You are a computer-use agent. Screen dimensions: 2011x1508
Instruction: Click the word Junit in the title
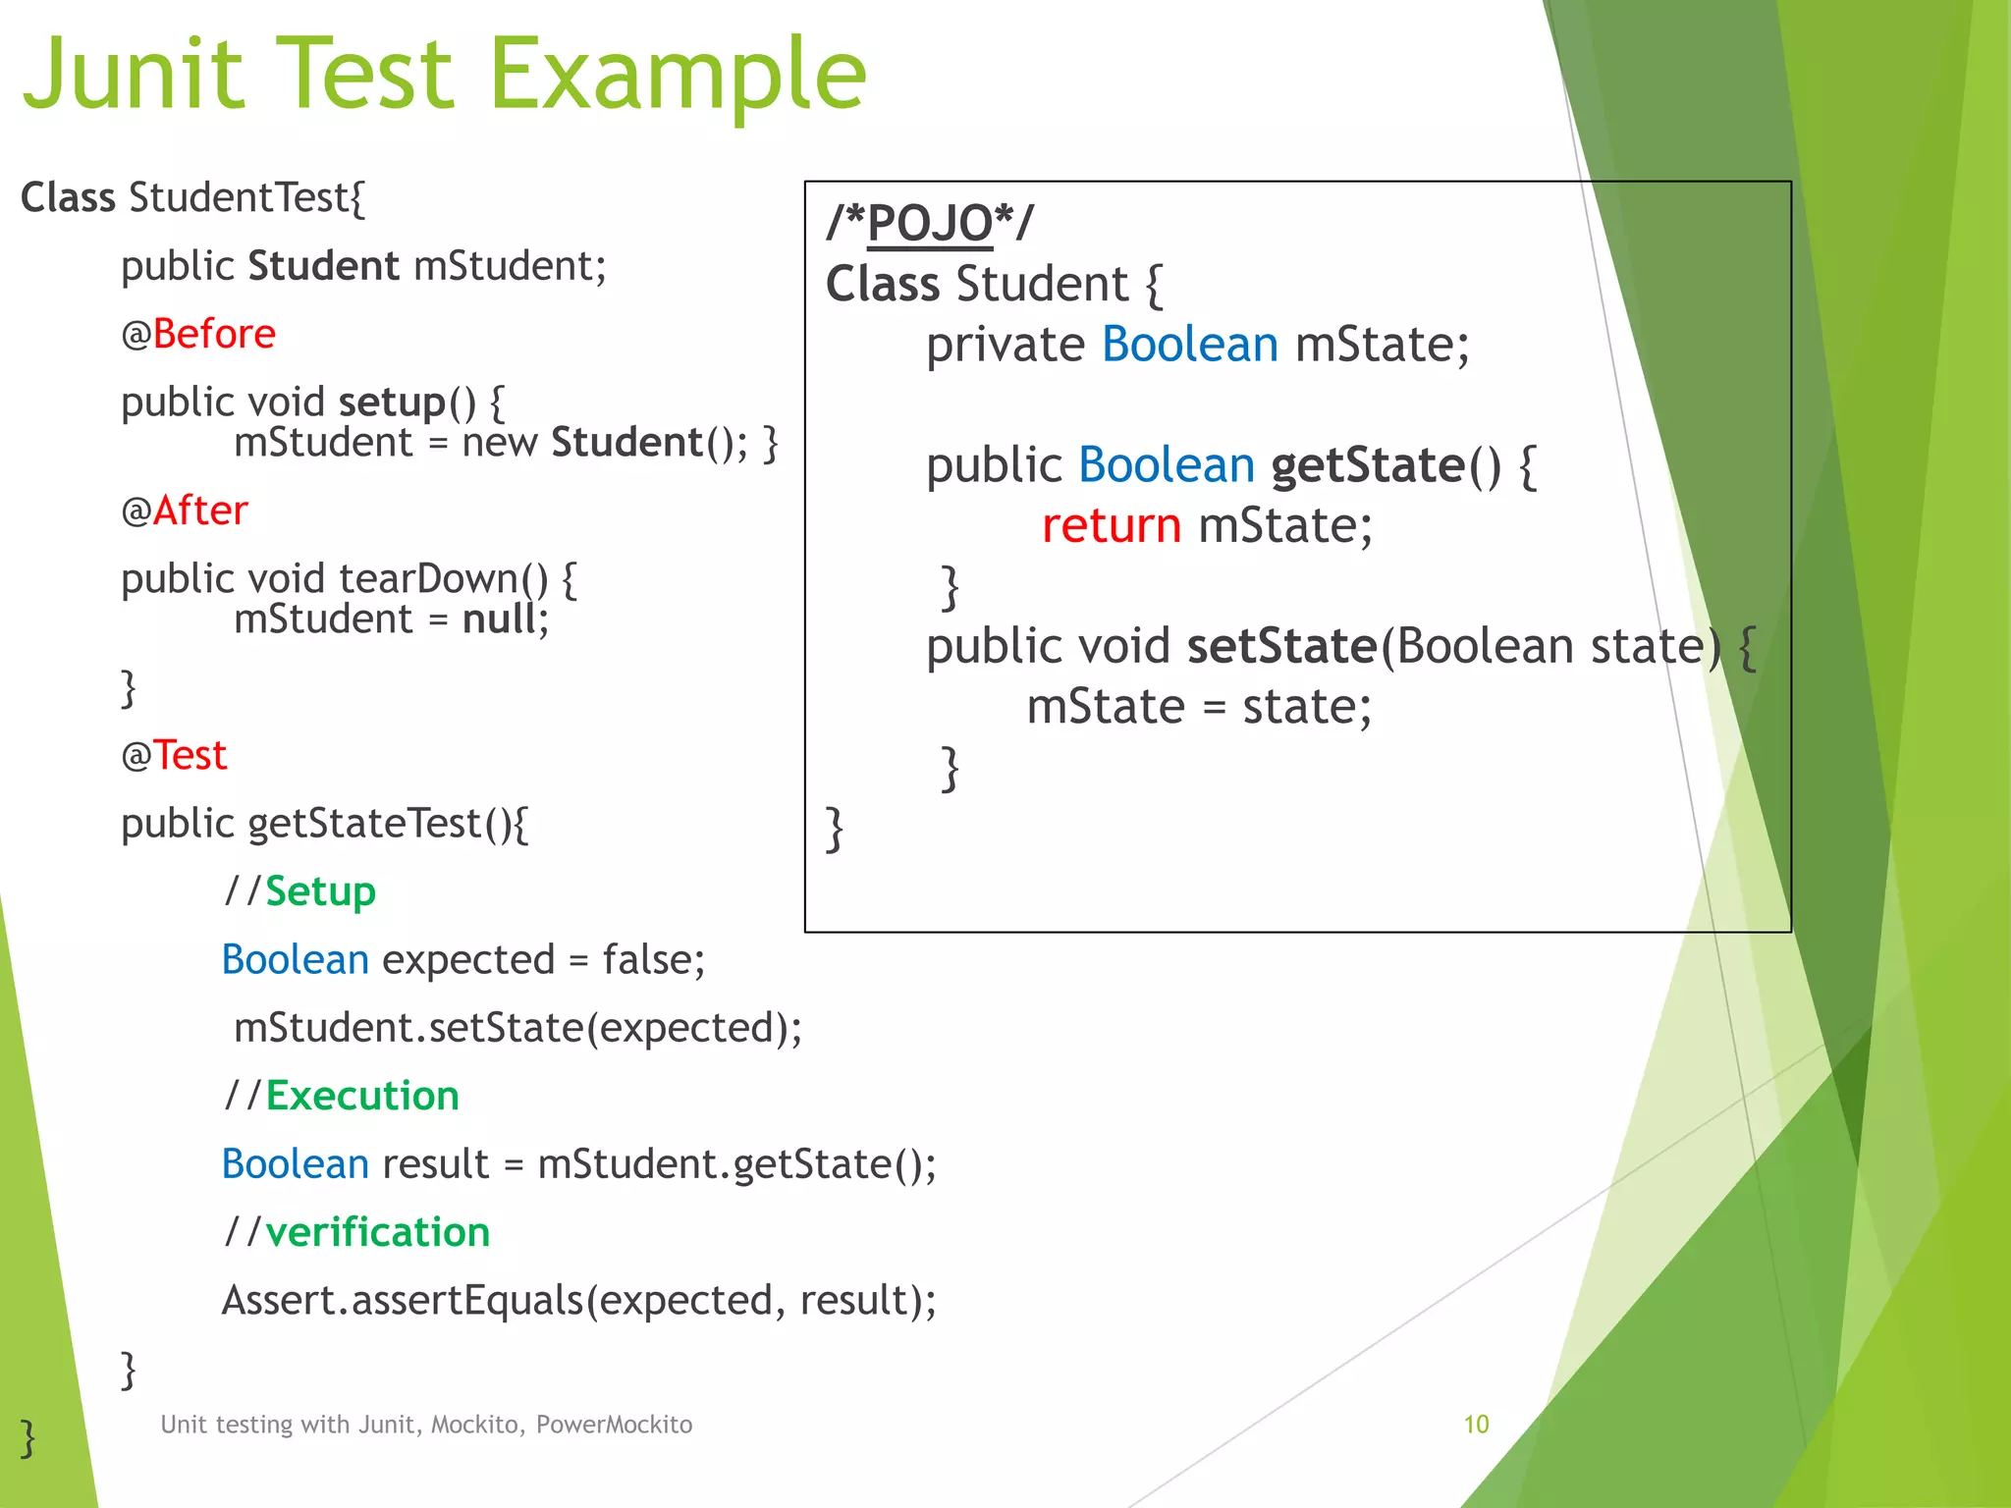point(133,74)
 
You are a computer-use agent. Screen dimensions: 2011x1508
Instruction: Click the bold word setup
point(392,403)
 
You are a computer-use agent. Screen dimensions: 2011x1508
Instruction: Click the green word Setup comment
point(320,891)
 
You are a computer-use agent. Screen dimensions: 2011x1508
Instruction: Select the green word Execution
point(361,1096)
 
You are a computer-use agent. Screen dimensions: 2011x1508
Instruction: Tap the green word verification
point(377,1232)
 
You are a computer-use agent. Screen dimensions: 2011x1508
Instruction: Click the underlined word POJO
point(930,223)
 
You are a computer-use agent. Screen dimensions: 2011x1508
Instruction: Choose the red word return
point(1111,526)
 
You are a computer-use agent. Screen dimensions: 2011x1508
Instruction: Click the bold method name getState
point(1367,465)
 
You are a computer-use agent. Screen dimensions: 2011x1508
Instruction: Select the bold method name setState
point(1281,646)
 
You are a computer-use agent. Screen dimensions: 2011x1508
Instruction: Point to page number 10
point(1476,1425)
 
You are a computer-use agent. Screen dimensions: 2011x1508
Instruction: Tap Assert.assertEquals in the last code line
point(403,1301)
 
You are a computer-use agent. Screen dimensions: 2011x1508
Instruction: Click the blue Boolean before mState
point(1189,345)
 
